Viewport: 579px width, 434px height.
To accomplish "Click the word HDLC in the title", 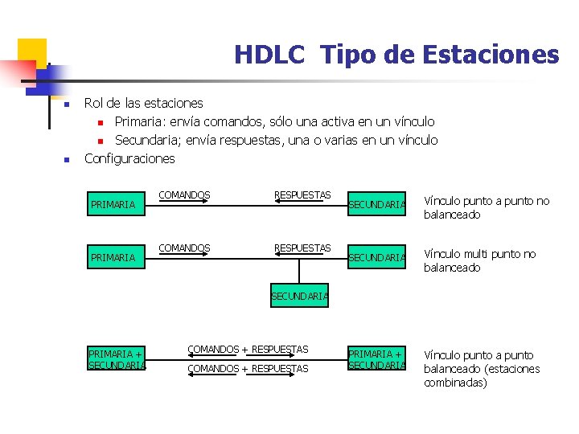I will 269,55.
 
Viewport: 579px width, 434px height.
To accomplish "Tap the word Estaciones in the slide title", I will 496,55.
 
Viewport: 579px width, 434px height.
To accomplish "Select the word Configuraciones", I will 129,158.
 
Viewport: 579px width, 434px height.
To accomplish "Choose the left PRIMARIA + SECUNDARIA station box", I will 117,359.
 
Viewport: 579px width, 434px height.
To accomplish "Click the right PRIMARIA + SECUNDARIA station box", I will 376,359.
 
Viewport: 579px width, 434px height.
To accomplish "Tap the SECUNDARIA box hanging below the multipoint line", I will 299,296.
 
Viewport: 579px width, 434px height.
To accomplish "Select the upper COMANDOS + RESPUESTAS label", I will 248,349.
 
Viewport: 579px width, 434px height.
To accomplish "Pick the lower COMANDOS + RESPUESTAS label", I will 248,368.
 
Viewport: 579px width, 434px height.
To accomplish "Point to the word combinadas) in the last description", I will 455,383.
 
